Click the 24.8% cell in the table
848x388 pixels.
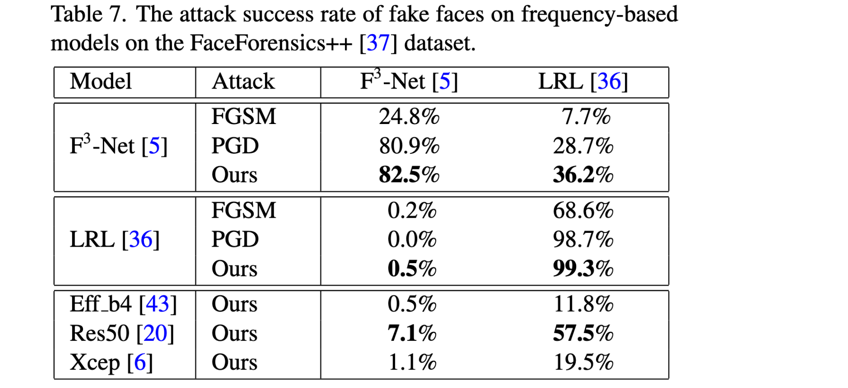[x=409, y=117]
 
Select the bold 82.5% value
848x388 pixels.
[x=409, y=175]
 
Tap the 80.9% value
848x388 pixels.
[x=409, y=146]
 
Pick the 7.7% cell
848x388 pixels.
[x=586, y=117]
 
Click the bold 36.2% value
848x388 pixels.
[x=583, y=175]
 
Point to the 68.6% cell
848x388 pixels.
[x=583, y=211]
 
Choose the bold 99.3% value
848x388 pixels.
[x=583, y=268]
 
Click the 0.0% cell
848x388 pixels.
[x=412, y=239]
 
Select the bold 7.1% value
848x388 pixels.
[x=412, y=334]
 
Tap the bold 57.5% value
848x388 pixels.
[x=583, y=334]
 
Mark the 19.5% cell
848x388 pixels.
[x=583, y=362]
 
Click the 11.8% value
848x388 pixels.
[x=583, y=304]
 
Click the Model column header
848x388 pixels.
[x=101, y=82]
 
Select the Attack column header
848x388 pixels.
[x=243, y=82]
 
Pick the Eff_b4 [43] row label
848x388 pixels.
[x=123, y=304]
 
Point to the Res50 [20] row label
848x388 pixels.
[x=122, y=334]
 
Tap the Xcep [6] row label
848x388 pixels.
[x=111, y=362]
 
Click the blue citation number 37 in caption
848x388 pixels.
[x=378, y=43]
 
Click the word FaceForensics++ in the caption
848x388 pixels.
[x=271, y=43]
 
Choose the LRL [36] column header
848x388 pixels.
[x=583, y=82]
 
